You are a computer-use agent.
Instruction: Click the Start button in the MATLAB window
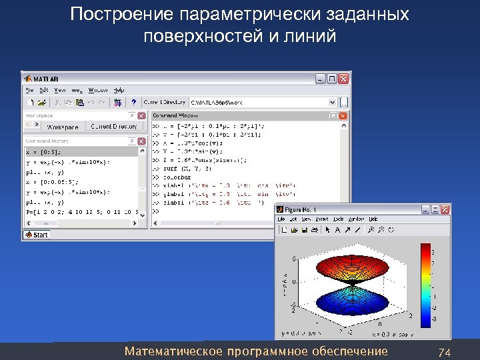37,235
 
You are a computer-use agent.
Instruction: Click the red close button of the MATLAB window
344,77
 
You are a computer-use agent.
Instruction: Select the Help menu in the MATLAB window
119,89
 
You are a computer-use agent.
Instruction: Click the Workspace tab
62,127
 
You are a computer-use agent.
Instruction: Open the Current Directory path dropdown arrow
331,103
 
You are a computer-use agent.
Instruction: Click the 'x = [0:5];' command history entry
43,152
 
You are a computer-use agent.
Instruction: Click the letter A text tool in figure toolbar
337,230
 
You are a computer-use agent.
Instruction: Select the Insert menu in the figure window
322,219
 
